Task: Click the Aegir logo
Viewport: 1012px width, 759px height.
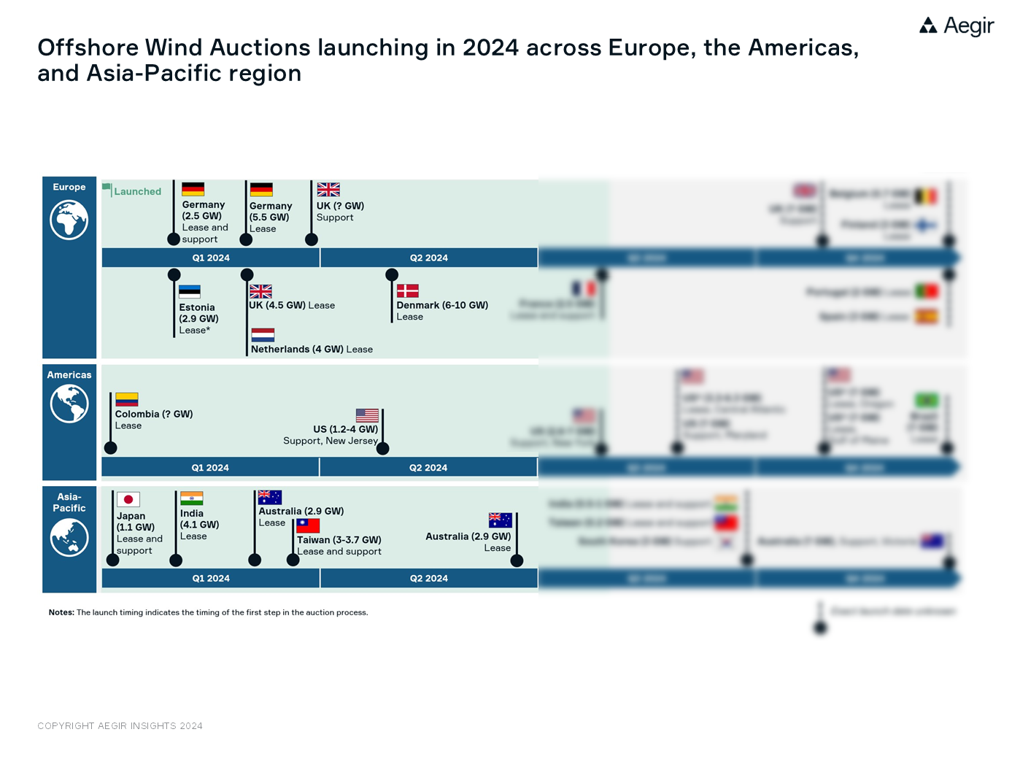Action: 956,26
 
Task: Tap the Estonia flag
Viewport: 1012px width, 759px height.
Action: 190,292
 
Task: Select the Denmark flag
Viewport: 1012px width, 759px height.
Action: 407,290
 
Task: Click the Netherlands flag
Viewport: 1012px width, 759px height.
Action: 263,335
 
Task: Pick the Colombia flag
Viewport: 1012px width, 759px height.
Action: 126,399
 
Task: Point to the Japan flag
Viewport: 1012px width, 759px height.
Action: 128,499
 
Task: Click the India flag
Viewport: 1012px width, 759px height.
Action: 191,498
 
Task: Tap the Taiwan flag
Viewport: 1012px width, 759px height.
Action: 308,525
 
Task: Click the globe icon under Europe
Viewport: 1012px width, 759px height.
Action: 69,220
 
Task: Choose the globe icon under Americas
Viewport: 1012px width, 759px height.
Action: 69,404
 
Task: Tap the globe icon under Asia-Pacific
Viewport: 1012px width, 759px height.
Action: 69,538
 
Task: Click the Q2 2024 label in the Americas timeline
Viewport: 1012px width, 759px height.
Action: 428,468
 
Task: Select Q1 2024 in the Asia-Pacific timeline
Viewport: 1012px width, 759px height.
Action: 211,578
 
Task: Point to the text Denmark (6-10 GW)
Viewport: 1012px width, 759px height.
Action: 442,305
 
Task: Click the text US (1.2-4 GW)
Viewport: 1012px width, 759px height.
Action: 345,429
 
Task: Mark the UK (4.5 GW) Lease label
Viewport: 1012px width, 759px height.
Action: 292,305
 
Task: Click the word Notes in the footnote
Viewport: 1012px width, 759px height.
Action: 61,612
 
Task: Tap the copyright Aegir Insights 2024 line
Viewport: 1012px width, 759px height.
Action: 120,725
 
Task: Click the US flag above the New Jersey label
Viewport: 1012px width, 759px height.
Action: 367,415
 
